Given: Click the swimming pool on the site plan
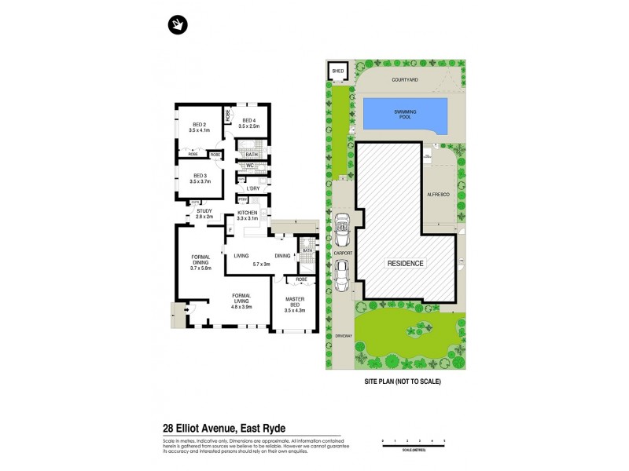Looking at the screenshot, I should point(405,115).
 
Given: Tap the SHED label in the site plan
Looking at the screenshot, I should point(338,71).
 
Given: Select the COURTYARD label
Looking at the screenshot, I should point(404,78).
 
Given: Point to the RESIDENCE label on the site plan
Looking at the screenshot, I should point(404,263).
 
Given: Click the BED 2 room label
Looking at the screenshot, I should point(200,127).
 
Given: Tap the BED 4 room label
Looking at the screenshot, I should point(248,122).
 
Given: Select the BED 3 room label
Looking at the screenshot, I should point(200,177).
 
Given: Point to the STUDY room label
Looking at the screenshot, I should point(204,212).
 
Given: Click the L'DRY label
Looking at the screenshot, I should point(252,189).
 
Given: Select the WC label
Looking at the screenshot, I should point(248,166).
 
